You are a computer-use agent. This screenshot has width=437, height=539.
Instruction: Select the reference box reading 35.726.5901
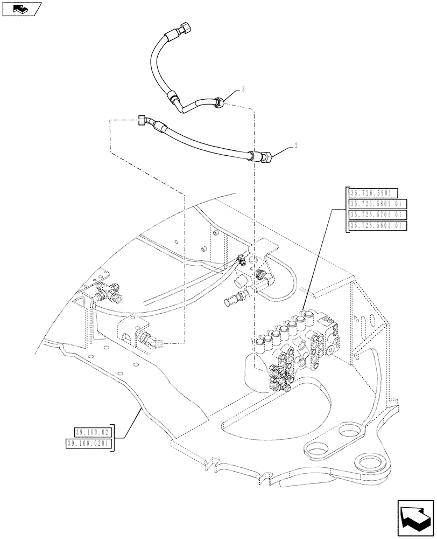(373, 193)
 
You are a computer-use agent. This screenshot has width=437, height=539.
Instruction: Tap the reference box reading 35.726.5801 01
(378, 204)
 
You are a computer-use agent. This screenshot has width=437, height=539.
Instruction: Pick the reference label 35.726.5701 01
(378, 215)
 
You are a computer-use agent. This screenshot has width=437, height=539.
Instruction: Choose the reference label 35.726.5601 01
(378, 226)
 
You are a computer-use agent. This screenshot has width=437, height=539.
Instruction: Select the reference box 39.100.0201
(89, 443)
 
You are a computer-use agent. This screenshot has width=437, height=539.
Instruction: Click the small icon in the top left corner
(21, 9)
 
